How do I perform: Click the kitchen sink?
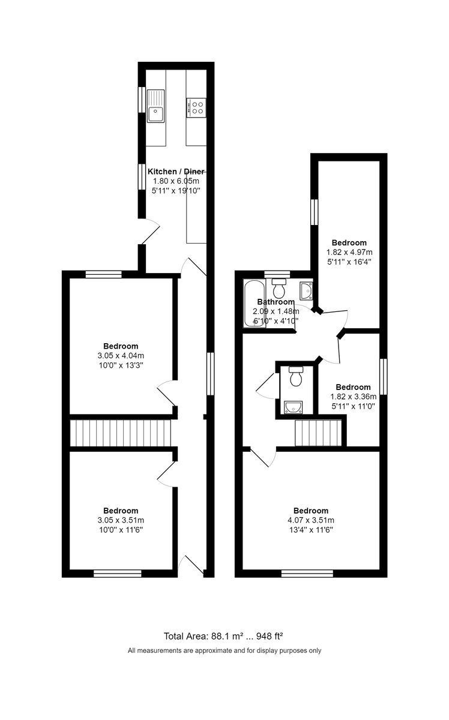click(156, 106)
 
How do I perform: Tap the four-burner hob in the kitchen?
click(196, 107)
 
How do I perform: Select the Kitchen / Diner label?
click(173, 171)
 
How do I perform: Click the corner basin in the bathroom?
click(306, 289)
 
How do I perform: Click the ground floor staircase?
click(121, 433)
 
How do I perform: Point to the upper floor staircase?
click(318, 433)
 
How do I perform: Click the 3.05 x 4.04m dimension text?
click(121, 355)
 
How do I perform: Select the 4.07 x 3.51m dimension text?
click(311, 520)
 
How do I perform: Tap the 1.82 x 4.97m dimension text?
click(349, 252)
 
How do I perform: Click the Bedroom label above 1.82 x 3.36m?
click(353, 387)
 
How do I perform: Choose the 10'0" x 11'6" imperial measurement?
click(121, 530)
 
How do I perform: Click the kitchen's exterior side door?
click(150, 231)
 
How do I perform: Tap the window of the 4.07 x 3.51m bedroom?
click(307, 574)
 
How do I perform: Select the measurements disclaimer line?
click(224, 650)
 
